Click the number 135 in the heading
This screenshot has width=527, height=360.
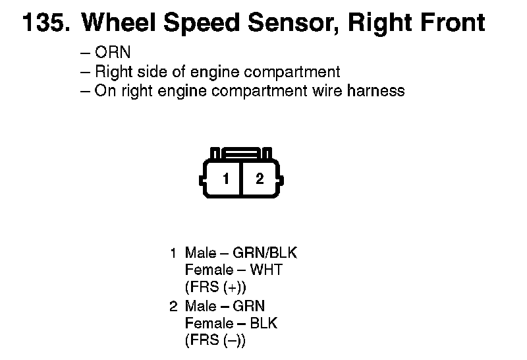[x=44, y=23]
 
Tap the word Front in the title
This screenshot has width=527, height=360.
[x=450, y=23]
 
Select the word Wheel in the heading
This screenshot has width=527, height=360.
[x=117, y=23]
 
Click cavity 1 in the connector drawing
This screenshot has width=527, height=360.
[x=225, y=179]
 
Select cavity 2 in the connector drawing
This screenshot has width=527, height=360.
[x=260, y=179]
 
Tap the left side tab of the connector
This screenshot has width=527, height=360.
[x=201, y=179]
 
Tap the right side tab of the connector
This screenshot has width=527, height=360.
[x=282, y=179]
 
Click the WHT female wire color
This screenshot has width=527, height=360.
[x=269, y=270]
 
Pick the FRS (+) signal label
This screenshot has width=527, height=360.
[x=215, y=287]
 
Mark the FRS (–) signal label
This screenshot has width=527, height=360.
[x=215, y=341]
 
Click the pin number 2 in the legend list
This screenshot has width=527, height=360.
[x=173, y=306]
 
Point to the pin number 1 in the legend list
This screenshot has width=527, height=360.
[x=173, y=253]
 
